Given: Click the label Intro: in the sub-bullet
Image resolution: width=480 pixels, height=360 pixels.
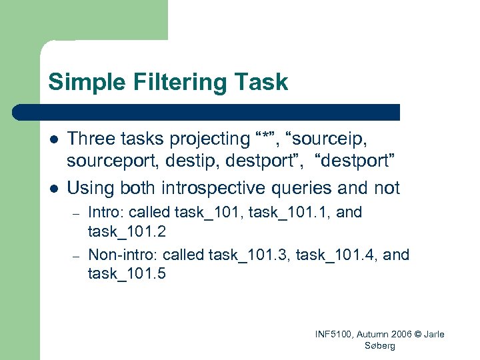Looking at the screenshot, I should [x=106, y=213].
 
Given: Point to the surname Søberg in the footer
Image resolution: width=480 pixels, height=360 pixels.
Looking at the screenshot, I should [x=380, y=345].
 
